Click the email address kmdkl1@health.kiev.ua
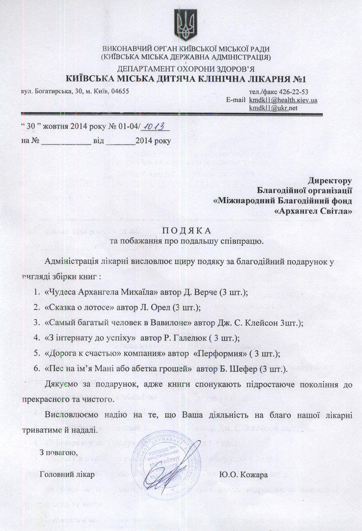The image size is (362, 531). [283, 100]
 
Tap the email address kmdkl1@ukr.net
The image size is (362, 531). [273, 108]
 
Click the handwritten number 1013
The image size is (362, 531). [154, 127]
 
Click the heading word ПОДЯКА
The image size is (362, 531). [186, 230]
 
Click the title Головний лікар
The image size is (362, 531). [67, 474]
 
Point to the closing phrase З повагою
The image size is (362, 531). [58, 452]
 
